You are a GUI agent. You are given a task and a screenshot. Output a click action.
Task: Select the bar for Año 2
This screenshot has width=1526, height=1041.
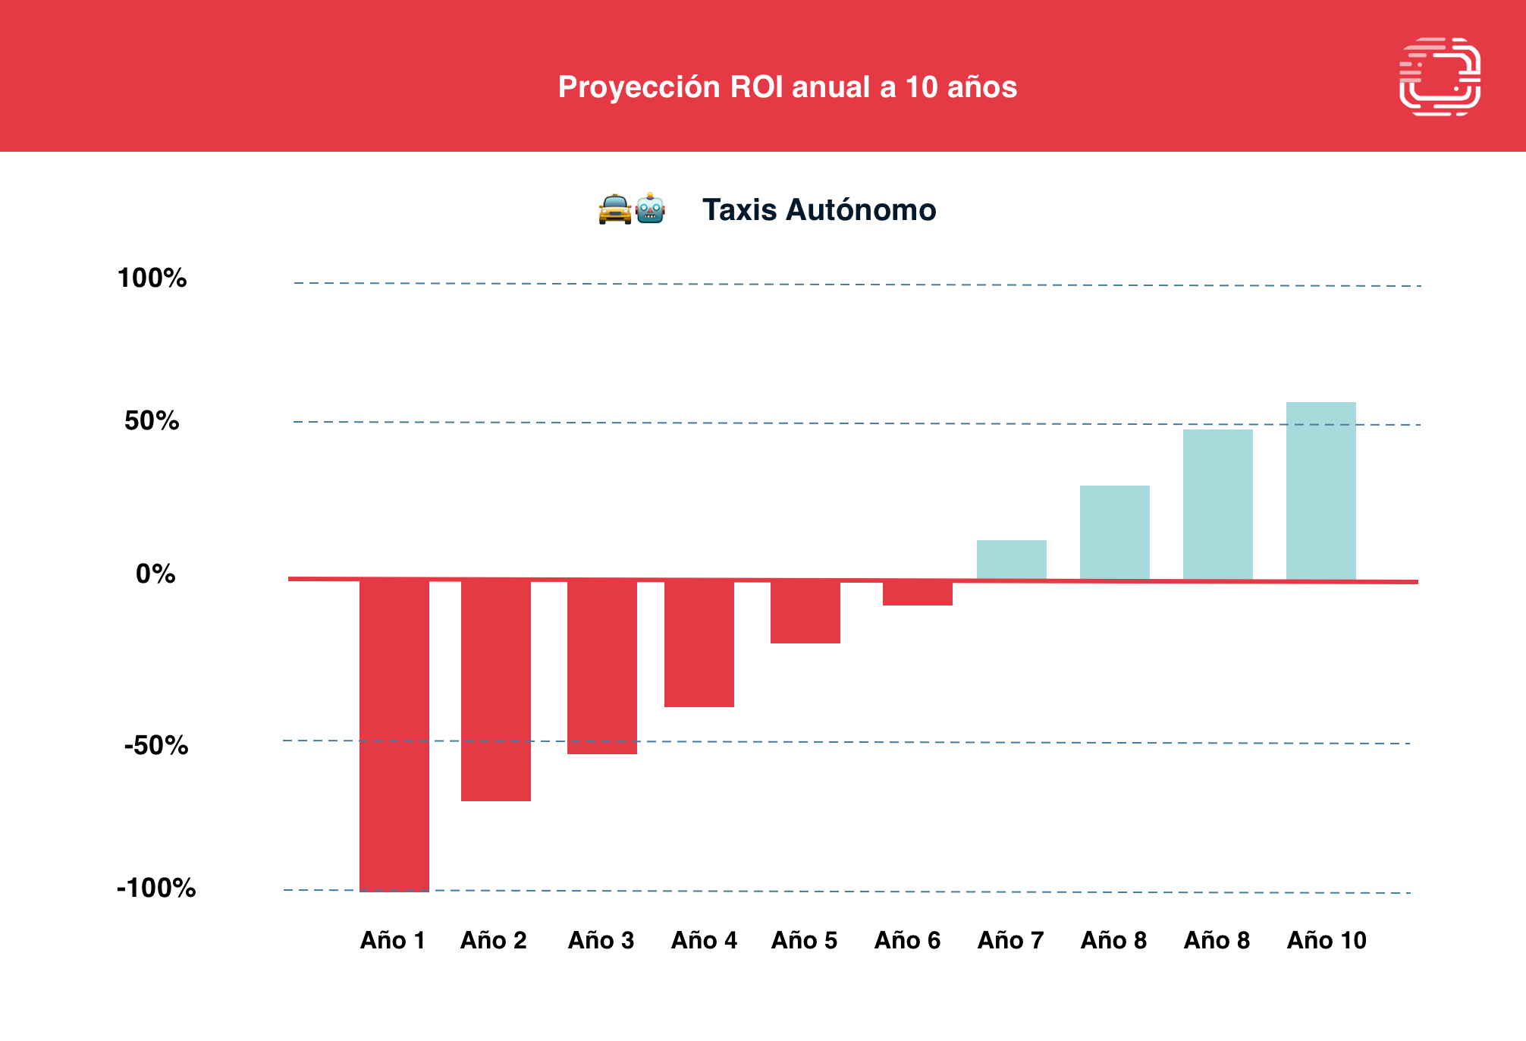[x=496, y=690]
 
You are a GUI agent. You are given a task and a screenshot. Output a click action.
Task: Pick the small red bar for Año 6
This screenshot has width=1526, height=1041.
[x=918, y=593]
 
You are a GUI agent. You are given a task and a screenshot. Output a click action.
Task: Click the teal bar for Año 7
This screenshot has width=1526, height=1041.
[x=1012, y=560]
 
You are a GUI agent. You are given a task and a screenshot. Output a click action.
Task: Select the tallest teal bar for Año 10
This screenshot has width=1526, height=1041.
[x=1321, y=491]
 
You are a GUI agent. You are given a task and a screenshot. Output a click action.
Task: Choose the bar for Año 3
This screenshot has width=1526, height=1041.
[x=602, y=667]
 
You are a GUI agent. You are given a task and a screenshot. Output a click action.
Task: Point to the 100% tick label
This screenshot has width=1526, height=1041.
[x=152, y=278]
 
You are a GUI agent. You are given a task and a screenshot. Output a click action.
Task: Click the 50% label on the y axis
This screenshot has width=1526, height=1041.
[x=152, y=421]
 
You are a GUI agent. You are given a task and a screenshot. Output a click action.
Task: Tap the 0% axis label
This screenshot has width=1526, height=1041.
[x=155, y=574]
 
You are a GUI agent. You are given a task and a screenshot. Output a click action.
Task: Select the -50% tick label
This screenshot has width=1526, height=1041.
[x=156, y=746]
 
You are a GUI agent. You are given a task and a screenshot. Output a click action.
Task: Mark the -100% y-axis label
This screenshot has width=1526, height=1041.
[x=156, y=888]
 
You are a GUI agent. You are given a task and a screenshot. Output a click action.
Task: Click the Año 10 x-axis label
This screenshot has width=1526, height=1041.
[x=1327, y=941]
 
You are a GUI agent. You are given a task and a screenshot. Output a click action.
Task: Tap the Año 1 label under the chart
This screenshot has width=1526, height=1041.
[x=393, y=941]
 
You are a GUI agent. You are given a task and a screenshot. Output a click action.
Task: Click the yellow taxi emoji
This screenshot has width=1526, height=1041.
[x=614, y=210]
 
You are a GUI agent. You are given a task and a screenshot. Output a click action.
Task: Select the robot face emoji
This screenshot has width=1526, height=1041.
[x=651, y=209]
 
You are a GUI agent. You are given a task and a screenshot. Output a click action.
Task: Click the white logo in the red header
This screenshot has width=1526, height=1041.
[x=1440, y=77]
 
